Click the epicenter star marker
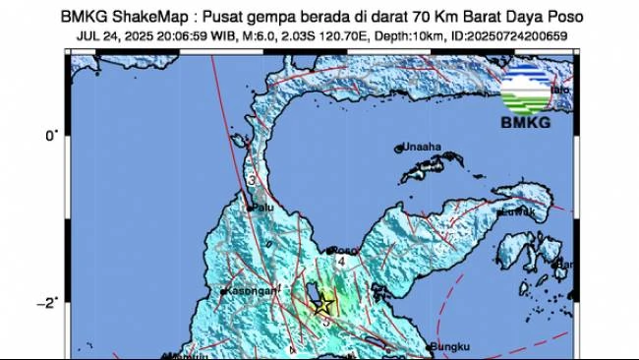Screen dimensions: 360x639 pyautogui.click(x=322, y=305)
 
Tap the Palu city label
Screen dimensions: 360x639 pyautogui.click(x=262, y=209)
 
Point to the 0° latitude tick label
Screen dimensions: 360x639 pyautogui.click(x=53, y=135)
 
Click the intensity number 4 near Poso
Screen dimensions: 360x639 pyautogui.click(x=341, y=262)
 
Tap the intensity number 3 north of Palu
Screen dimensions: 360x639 pyautogui.click(x=253, y=181)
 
